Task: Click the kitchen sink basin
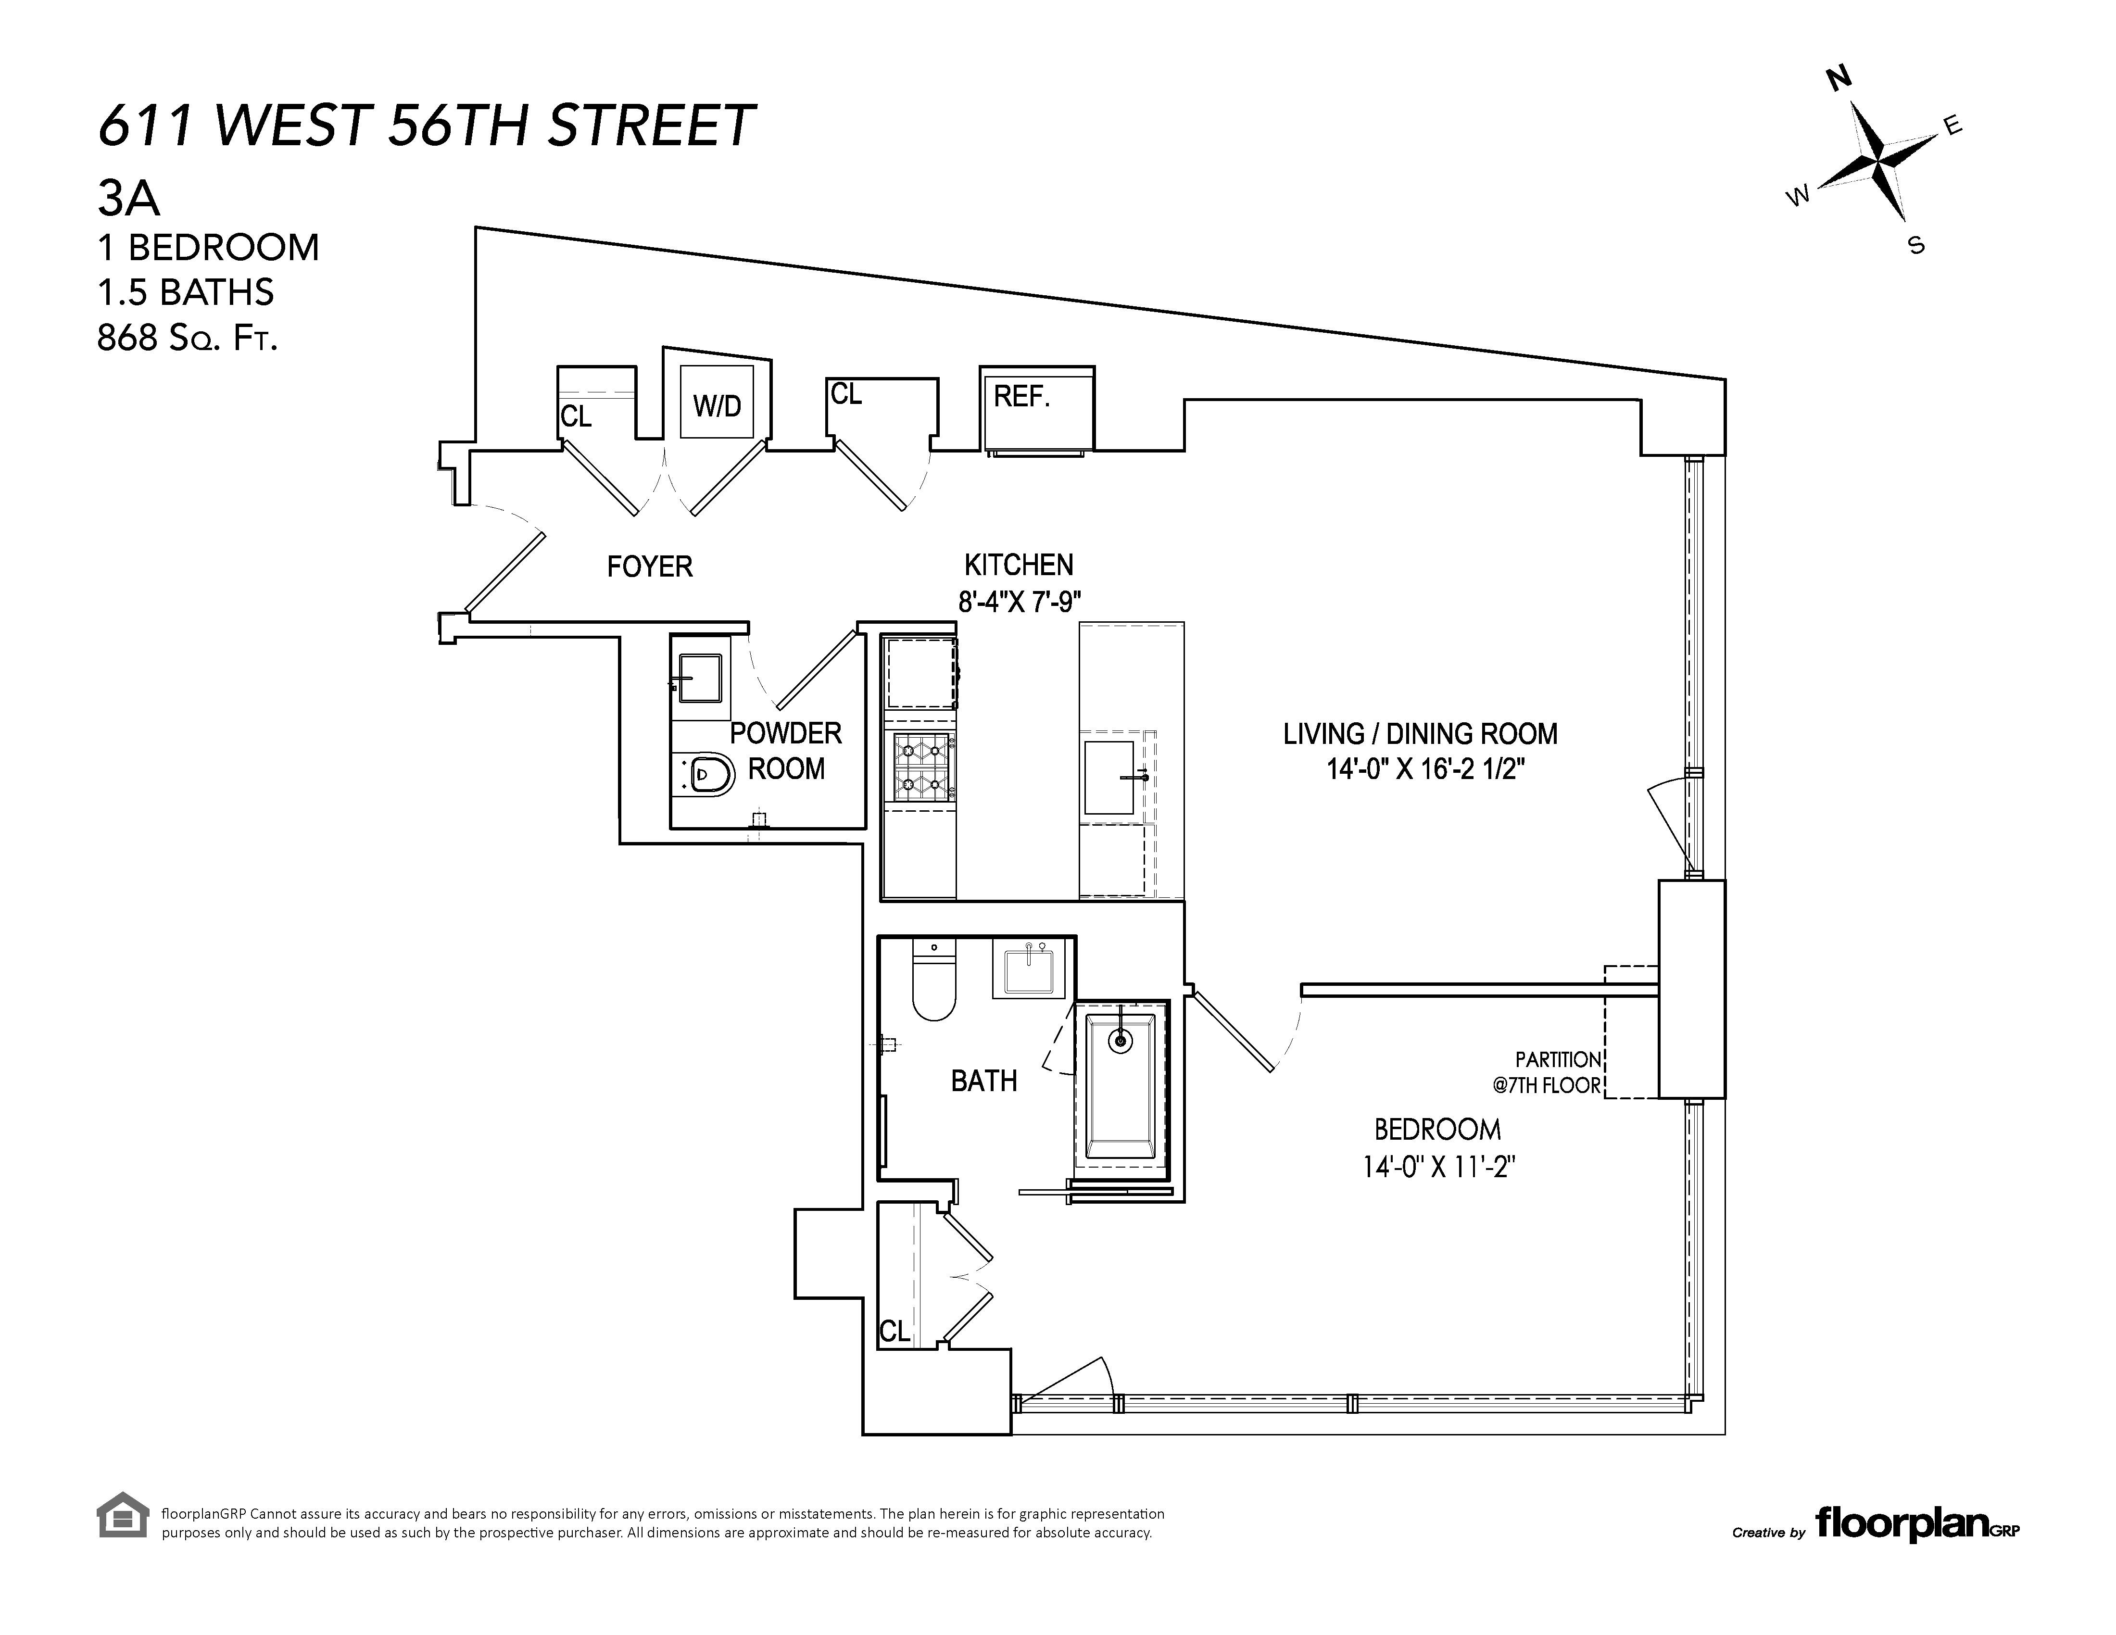1108,777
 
